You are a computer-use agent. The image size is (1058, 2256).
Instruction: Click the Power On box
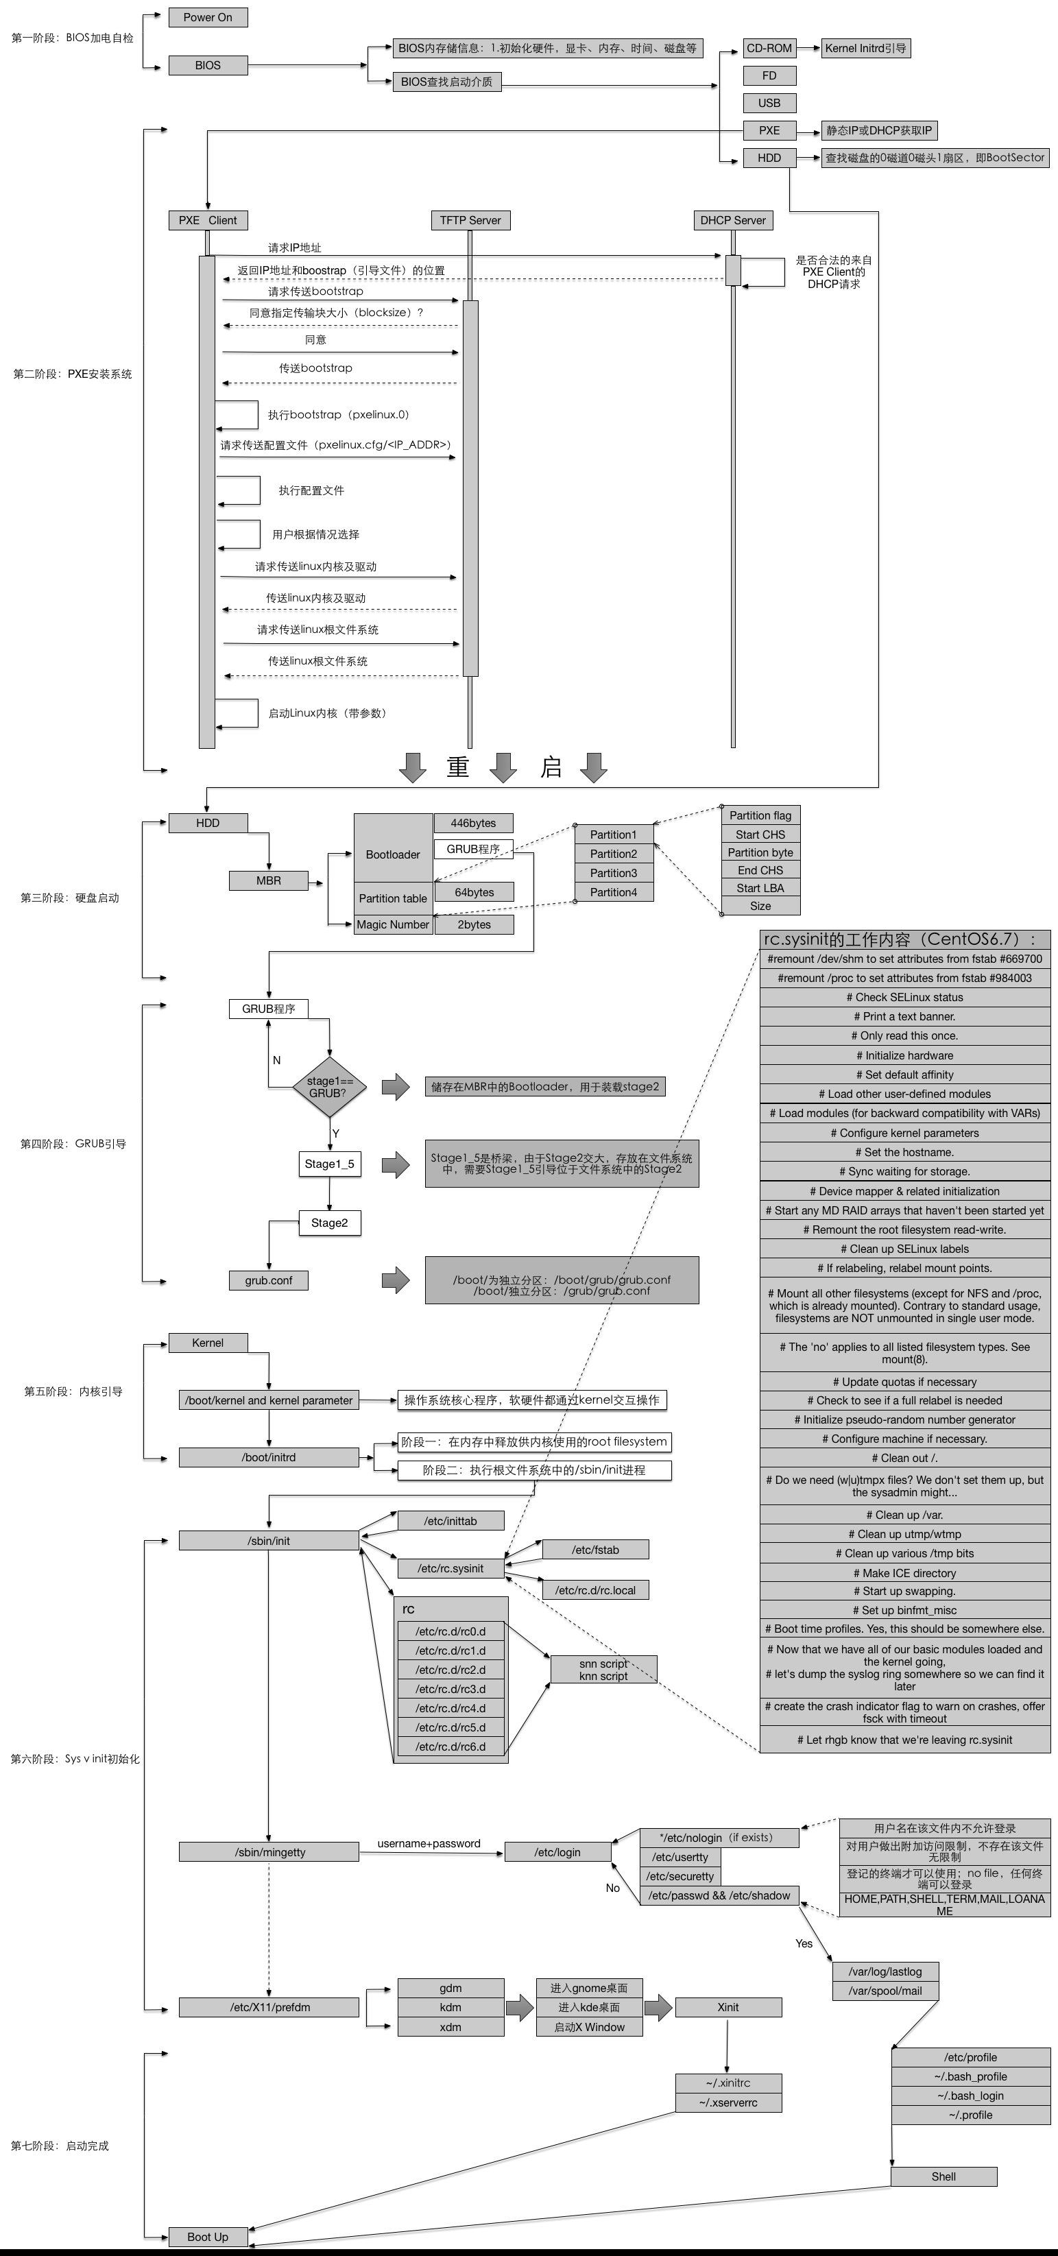point(208,18)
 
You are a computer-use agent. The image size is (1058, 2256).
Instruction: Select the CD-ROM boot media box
point(769,48)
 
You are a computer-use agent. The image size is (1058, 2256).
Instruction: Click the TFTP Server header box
point(470,220)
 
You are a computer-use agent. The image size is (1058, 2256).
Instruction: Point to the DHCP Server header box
point(732,220)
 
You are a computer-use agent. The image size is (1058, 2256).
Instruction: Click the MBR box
point(268,880)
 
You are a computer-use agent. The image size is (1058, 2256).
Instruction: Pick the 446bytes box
point(473,824)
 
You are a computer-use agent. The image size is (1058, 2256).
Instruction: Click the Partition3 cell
point(613,873)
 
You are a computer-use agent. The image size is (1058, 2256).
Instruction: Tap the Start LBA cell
point(760,888)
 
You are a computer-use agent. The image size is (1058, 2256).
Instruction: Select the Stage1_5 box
point(329,1164)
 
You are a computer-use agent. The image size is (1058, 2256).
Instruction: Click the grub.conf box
point(268,1280)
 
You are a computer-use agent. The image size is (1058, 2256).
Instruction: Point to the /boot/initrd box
point(268,1457)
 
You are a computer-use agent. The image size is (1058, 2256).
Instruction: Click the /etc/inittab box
point(450,1521)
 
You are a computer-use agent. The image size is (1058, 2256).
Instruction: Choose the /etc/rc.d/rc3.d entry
point(450,1688)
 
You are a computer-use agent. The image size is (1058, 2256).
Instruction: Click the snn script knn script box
point(603,1669)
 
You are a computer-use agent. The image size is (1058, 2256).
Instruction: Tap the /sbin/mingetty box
point(269,1852)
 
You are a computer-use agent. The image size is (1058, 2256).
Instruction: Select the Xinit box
point(728,2007)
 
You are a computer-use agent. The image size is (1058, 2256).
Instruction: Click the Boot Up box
point(208,2237)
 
